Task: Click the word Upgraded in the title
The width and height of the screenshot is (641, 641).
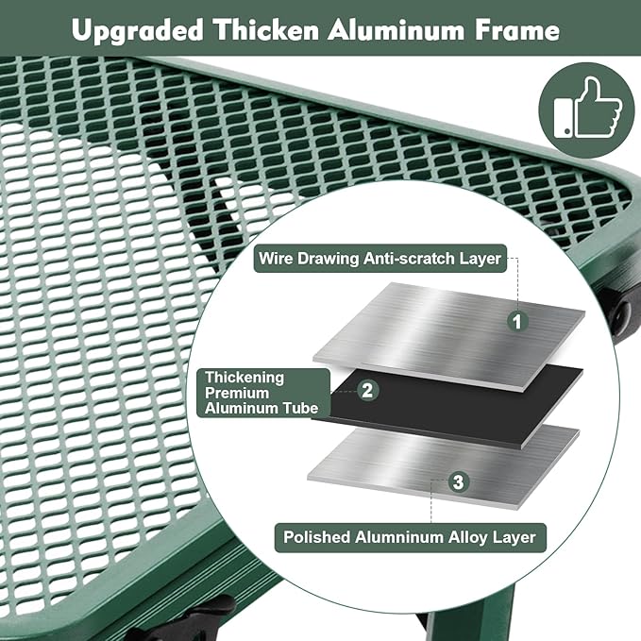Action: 138,31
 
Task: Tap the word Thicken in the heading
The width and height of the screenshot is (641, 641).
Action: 266,30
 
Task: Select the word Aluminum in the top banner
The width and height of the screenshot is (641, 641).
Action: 396,30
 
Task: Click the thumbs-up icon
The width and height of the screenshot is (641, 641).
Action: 586,110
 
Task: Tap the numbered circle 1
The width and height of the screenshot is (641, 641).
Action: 517,321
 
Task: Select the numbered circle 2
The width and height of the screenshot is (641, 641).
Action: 367,390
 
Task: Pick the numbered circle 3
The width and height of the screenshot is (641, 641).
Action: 458,482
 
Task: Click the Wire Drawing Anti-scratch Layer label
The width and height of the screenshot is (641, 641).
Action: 380,259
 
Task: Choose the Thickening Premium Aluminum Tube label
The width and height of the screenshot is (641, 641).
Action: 263,393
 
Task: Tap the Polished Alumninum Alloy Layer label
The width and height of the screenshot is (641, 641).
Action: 410,537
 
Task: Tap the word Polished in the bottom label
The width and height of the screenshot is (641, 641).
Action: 317,537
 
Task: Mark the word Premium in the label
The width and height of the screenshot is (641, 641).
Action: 237,393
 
